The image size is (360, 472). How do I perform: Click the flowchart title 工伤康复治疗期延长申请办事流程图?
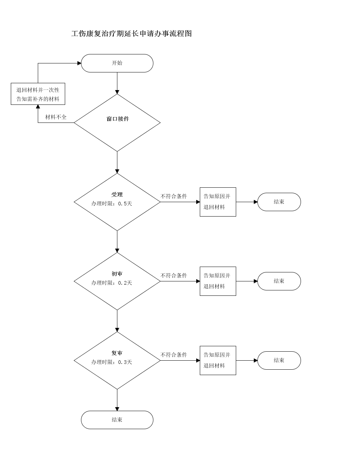pyautogui.click(x=131, y=34)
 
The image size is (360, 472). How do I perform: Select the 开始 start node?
pyautogui.click(x=117, y=63)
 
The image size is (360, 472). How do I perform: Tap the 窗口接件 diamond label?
pyautogui.click(x=118, y=119)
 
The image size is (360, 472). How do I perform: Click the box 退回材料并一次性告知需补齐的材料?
pyautogui.click(x=38, y=94)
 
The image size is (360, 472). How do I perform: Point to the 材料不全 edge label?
pyautogui.click(x=56, y=117)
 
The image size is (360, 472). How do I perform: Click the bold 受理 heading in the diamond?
pyautogui.click(x=117, y=195)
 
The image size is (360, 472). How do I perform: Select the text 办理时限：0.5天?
pyautogui.click(x=112, y=204)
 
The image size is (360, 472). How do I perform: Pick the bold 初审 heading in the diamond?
pyautogui.click(x=117, y=274)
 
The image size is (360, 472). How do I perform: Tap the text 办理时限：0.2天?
pyautogui.click(x=112, y=283)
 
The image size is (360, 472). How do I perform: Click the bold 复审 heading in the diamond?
pyautogui.click(x=117, y=353)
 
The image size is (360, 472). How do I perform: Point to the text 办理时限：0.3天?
pyautogui.click(x=112, y=362)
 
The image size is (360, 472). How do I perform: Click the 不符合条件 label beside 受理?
pyautogui.click(x=174, y=196)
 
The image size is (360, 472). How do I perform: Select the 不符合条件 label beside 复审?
pyautogui.click(x=174, y=355)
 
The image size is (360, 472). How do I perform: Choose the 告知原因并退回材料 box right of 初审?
pyautogui.click(x=218, y=281)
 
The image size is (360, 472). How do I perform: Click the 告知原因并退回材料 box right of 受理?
pyautogui.click(x=218, y=202)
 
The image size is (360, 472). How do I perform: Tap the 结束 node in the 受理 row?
pyautogui.click(x=279, y=202)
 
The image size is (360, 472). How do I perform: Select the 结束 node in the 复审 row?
pyautogui.click(x=279, y=361)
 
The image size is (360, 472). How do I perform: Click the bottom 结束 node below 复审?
pyautogui.click(x=117, y=420)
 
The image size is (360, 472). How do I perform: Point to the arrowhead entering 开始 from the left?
pyautogui.click(x=79, y=63)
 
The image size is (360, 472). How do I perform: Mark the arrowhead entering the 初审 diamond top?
pyautogui.click(x=117, y=250)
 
